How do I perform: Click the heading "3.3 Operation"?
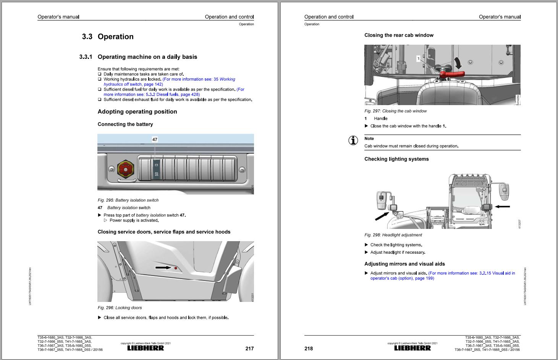click(108, 37)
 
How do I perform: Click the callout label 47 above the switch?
click(155, 139)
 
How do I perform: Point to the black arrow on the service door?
click(163, 268)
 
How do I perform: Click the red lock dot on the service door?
click(176, 268)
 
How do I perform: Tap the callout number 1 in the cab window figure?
click(419, 58)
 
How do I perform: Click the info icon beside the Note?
click(353, 140)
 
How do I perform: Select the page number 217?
click(249, 348)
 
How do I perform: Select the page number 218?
click(309, 348)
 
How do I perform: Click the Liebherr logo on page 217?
click(146, 348)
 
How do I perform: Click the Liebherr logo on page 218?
click(412, 348)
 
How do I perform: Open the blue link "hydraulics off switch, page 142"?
click(133, 84)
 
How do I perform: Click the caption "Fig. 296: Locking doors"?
click(120, 308)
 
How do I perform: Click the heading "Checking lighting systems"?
click(396, 159)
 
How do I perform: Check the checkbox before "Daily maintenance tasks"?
click(100, 74)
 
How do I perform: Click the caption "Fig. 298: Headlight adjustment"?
click(393, 235)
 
